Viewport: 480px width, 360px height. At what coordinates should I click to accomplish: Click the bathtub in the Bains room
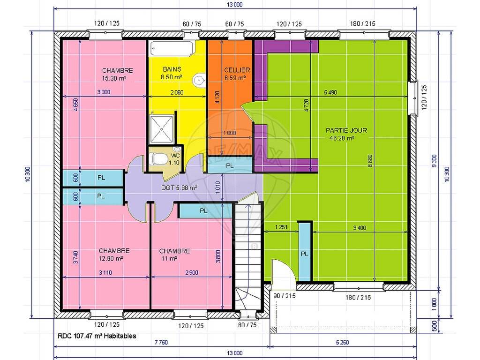pos(172,48)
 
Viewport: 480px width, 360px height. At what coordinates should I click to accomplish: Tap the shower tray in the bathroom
pos(162,128)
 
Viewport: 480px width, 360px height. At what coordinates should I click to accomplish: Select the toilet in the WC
pos(159,159)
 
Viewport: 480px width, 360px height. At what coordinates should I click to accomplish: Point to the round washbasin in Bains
pos(199,80)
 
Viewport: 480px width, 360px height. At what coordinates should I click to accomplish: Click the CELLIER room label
pos(237,70)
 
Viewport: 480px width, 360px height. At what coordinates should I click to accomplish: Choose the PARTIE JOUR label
pos(346,130)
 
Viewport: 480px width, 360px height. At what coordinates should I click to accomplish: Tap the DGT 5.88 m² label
pos(179,187)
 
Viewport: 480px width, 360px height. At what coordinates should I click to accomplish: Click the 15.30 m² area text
pos(114,78)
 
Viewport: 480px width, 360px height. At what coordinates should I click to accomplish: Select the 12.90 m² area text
pos(111,258)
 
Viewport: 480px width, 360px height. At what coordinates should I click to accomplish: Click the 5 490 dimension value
pos(330,92)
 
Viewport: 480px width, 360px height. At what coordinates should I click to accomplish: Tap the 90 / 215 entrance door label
pos(285,296)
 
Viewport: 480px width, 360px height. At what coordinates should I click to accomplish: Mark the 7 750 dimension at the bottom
pos(161,342)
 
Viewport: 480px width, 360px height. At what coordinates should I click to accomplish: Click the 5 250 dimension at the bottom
pos(342,342)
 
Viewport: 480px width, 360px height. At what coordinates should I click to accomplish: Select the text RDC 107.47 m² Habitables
pos(97,336)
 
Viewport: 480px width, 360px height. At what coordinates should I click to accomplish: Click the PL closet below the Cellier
pos(230,165)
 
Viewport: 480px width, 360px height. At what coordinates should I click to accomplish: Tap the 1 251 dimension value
pos(281,227)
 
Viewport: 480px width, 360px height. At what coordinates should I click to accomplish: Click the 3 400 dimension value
pos(360,228)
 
